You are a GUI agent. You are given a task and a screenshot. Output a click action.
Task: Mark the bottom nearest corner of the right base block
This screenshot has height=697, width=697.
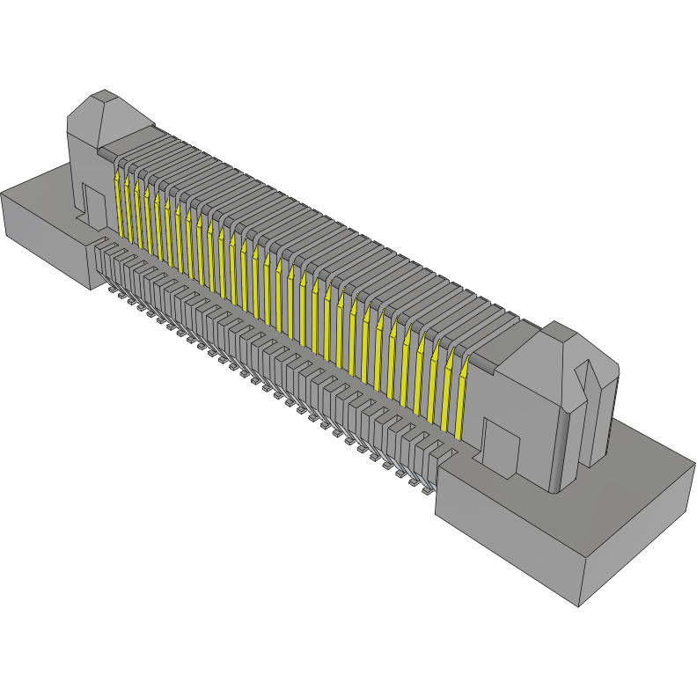tap(578, 606)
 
